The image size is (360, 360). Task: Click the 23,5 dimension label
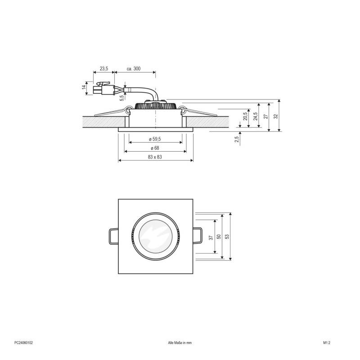[x=104, y=68]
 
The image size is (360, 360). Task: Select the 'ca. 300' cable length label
[x=134, y=68]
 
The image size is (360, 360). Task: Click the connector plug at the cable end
[x=103, y=89]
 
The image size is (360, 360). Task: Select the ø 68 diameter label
[x=155, y=148]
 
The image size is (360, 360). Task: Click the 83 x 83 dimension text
[x=155, y=157]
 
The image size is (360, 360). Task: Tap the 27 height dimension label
[x=266, y=116]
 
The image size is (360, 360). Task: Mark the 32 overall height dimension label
[x=276, y=115]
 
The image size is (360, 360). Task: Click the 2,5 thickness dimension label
[x=237, y=139]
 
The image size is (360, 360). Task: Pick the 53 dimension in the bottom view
[x=227, y=237]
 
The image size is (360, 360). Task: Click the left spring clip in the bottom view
[x=113, y=236]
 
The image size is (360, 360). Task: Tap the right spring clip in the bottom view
[x=198, y=236]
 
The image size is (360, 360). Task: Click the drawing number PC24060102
[x=23, y=342]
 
